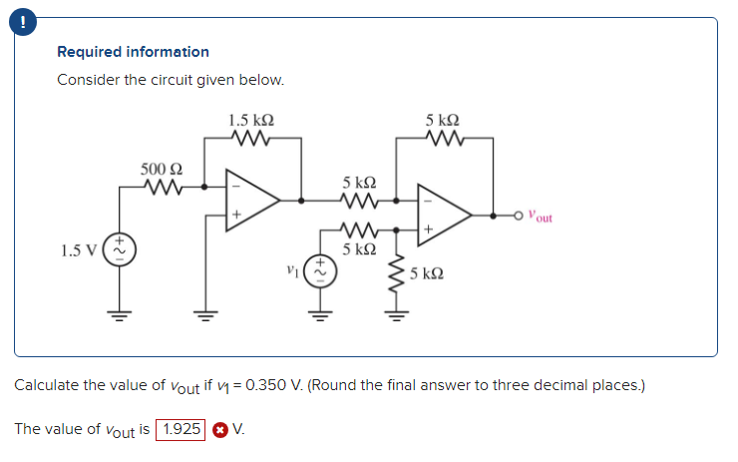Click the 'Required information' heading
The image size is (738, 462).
133,51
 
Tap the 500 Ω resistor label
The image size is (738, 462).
160,169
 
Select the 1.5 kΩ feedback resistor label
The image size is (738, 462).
251,120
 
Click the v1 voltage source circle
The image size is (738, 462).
321,270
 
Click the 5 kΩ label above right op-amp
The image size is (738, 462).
442,120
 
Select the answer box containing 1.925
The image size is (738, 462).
180,430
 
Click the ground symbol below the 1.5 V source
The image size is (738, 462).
123,322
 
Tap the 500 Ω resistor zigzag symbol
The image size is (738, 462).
160,186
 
